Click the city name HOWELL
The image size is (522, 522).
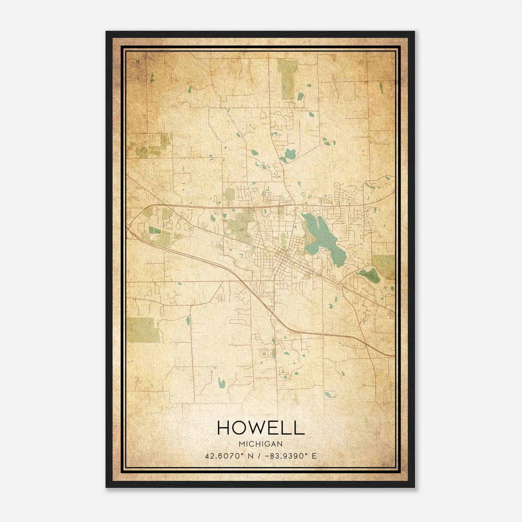click(261, 428)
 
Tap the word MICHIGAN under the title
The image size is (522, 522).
click(261, 444)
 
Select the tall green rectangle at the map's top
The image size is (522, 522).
click(287, 79)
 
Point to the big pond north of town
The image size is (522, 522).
click(288, 155)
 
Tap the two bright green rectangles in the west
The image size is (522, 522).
click(155, 230)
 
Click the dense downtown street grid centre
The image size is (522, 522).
click(281, 258)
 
